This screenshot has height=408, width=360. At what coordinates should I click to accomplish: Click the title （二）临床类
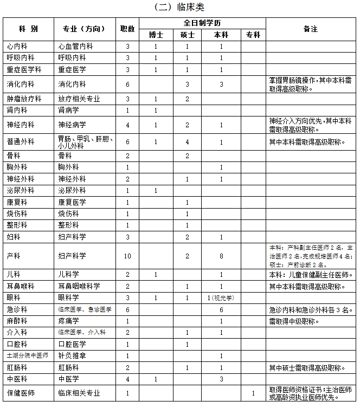click(x=179, y=7)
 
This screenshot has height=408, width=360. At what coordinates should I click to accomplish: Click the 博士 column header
click(x=156, y=34)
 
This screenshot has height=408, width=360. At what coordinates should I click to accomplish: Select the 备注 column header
click(x=310, y=29)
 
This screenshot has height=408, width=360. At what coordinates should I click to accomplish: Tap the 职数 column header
click(x=127, y=29)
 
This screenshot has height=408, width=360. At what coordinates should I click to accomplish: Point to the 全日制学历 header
click(x=202, y=23)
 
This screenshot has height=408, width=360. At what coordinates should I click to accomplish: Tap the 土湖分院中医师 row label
click(x=27, y=355)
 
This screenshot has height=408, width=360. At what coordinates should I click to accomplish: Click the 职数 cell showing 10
click(x=127, y=255)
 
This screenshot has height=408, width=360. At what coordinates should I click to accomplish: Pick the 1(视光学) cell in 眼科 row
click(x=221, y=297)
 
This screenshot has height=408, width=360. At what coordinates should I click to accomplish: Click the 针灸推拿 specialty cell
click(x=72, y=355)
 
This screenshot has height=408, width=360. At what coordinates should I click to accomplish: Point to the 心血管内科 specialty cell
click(x=75, y=46)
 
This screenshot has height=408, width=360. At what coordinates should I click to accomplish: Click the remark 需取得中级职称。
click(x=294, y=321)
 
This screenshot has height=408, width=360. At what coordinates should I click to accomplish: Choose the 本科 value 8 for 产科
click(x=221, y=255)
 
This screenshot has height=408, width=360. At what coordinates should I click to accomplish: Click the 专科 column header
click(x=253, y=34)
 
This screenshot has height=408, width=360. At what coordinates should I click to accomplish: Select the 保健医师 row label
click(x=21, y=393)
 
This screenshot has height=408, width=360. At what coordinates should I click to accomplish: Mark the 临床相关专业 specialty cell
click(x=79, y=393)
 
